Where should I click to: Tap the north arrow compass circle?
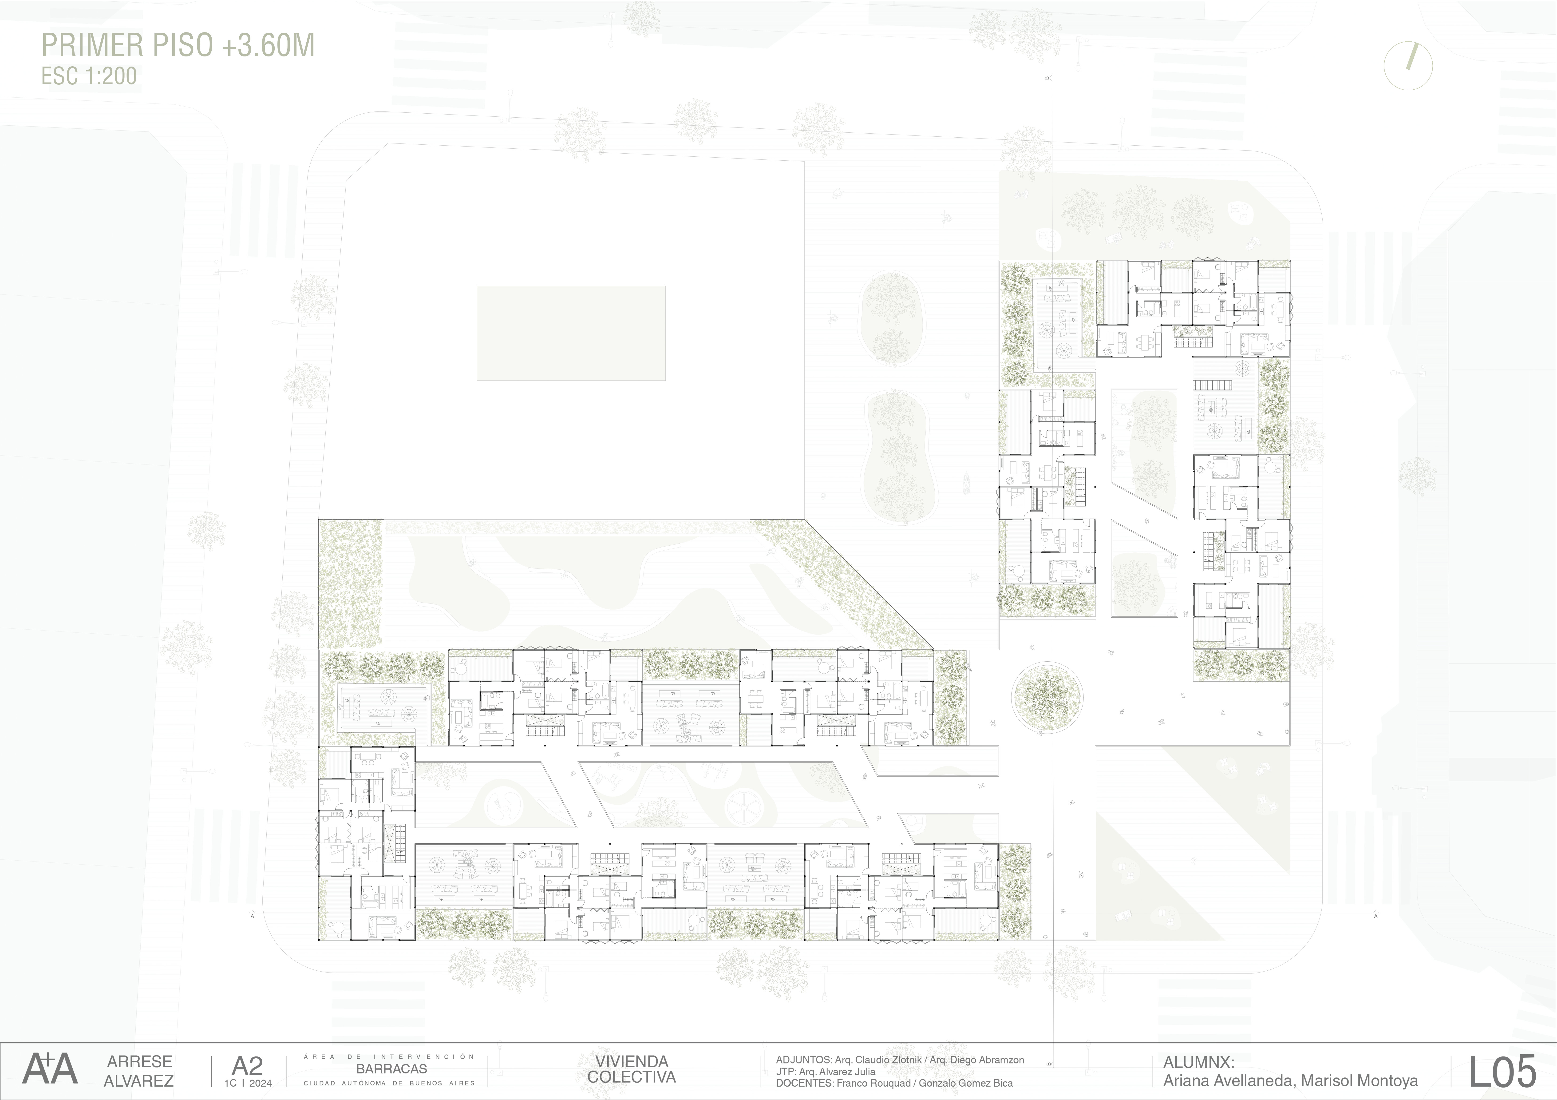(x=1408, y=66)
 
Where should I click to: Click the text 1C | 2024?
(x=248, y=1083)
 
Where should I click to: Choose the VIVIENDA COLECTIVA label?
(x=631, y=1069)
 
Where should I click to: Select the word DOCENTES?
(x=805, y=1083)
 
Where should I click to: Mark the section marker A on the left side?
(x=252, y=916)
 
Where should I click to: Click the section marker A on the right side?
(x=1375, y=916)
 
